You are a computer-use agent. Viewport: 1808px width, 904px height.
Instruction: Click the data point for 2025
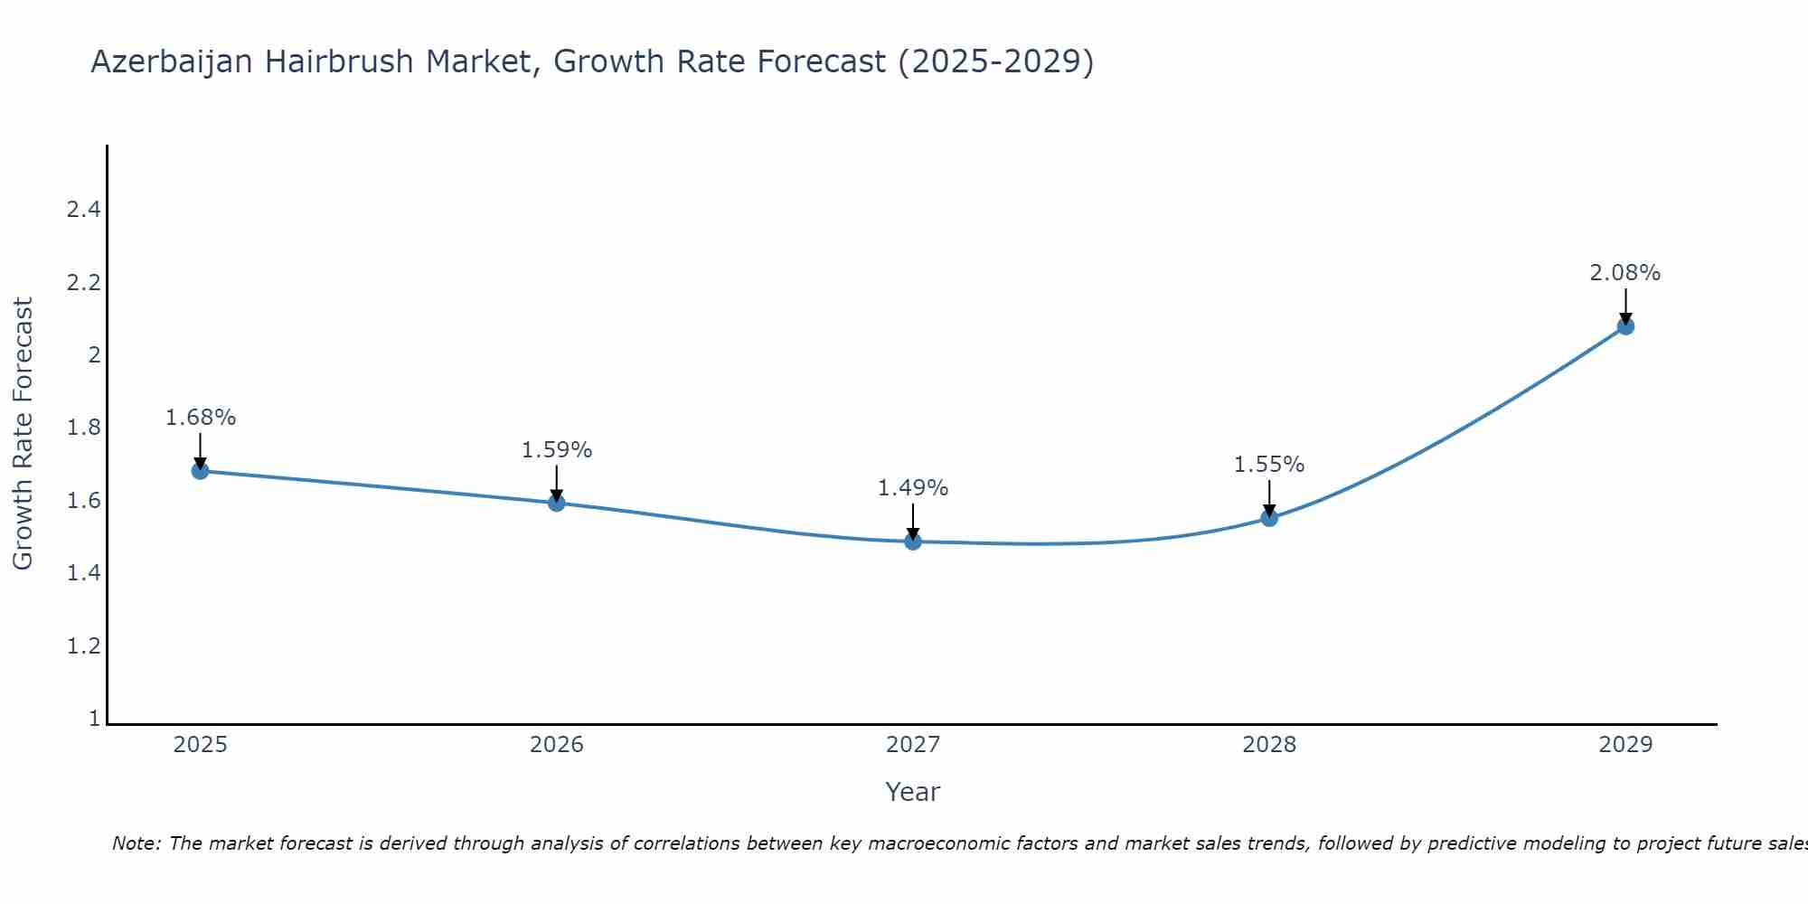(200, 471)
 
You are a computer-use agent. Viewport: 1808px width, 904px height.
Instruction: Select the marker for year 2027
(913, 541)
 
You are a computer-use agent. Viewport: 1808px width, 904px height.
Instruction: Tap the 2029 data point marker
(1625, 326)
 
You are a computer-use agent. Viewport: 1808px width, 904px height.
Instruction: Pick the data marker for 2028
(1269, 518)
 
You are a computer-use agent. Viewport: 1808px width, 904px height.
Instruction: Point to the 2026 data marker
(557, 503)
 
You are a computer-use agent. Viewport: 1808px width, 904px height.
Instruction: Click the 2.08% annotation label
(1624, 273)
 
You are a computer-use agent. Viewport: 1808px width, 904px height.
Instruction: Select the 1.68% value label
(200, 418)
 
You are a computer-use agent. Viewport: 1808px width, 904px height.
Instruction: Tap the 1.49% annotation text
(912, 488)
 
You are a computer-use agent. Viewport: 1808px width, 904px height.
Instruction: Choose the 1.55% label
(1268, 465)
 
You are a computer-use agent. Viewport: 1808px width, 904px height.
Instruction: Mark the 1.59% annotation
(556, 450)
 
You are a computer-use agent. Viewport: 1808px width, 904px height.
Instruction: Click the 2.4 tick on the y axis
(83, 210)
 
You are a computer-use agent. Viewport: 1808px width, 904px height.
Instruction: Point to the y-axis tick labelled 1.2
(83, 646)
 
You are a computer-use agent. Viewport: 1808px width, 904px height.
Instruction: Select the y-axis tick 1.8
(83, 428)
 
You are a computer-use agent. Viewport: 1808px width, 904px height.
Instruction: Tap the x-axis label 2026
(557, 745)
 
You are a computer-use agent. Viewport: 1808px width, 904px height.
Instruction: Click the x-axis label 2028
(1269, 745)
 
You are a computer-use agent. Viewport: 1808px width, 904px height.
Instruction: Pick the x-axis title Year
(912, 792)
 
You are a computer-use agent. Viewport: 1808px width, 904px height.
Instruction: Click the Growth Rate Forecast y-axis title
(23, 434)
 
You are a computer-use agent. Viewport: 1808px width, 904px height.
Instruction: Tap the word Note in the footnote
(135, 843)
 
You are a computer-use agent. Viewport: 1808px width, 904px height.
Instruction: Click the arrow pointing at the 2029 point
(1625, 306)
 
